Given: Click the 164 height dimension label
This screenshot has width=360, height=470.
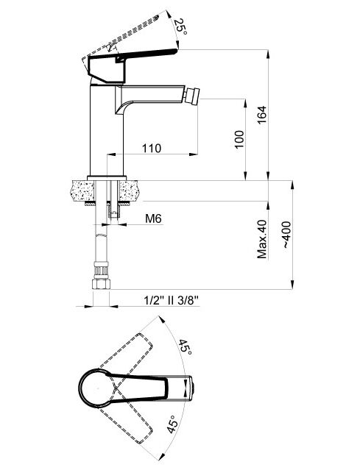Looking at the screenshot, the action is point(261,115).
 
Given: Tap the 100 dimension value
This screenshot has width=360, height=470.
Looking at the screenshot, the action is point(239,139).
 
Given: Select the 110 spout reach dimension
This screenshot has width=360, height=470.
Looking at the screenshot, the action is point(151,148).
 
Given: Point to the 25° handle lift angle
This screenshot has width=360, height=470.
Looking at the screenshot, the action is point(180,26).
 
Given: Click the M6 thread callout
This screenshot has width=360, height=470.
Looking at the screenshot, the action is point(153,218).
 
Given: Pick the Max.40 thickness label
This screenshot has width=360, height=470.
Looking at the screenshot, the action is point(262,239).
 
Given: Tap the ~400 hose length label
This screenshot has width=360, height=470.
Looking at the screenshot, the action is point(286,235).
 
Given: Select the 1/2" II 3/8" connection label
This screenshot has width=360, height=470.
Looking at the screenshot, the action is point(172,300).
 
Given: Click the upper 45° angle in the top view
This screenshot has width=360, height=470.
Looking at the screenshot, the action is point(185,347).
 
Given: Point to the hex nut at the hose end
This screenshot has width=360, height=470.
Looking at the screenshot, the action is point(101,284).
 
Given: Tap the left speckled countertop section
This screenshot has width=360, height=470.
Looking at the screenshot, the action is point(82,191).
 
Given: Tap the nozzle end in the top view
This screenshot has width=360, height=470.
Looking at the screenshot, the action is point(192,388).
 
